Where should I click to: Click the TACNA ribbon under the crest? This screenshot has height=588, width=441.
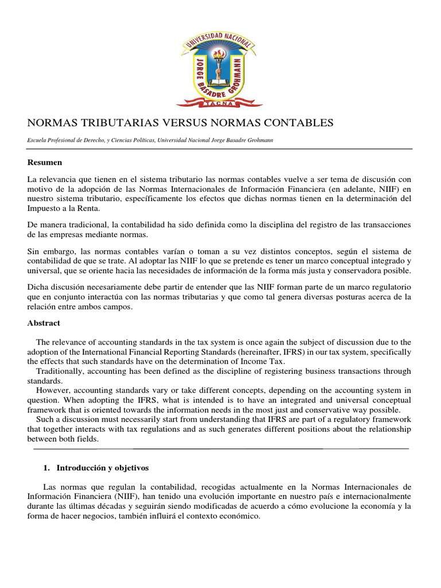click(x=219, y=103)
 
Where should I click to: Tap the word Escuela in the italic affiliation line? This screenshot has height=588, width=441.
click(x=38, y=140)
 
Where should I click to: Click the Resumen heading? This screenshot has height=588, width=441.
click(x=45, y=163)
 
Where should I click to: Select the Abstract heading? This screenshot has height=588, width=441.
click(x=44, y=323)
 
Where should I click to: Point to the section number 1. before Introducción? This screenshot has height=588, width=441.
click(x=48, y=468)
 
